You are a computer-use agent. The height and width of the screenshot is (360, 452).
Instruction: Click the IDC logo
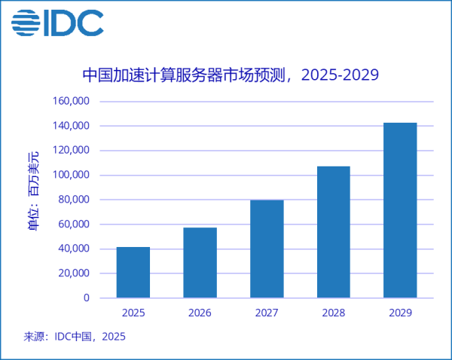point(57,23)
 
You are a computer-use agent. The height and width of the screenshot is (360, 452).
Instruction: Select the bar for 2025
point(133,272)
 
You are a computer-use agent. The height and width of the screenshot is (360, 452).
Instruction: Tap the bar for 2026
point(200,262)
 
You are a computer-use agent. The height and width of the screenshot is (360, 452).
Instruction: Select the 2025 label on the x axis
point(133,313)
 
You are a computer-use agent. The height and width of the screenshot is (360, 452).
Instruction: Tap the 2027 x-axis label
point(267,313)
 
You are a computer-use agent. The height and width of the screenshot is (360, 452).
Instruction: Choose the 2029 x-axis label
point(400,313)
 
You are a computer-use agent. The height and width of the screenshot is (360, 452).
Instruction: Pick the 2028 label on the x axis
point(333,313)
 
